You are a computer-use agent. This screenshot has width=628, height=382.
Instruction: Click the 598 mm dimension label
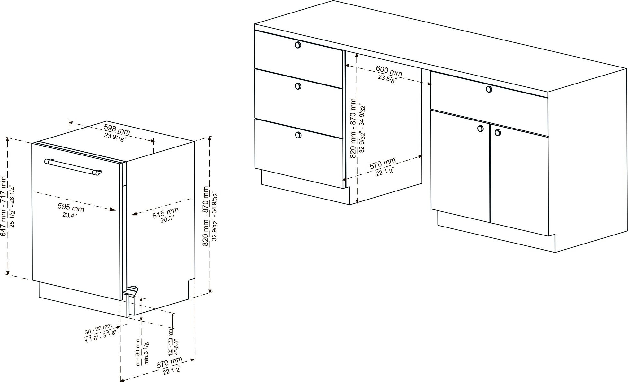[x=117, y=129]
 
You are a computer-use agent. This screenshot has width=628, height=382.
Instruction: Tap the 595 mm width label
[x=71, y=207]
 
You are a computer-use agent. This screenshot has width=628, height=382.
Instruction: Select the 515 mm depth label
[x=165, y=212]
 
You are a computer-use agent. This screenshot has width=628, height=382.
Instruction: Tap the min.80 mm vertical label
[x=139, y=352]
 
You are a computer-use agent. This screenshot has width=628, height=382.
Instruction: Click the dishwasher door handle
[x=73, y=167]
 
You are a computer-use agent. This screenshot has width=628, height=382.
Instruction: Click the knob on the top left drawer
[x=298, y=45]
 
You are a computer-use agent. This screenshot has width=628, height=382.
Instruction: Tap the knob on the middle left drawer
[x=298, y=86]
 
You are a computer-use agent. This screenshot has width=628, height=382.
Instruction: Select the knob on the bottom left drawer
[x=298, y=135]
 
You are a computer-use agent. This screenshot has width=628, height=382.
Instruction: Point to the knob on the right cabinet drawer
[x=489, y=89]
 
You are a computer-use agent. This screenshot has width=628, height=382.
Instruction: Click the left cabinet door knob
[x=480, y=129]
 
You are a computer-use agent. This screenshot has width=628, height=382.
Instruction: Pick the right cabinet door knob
[x=498, y=132]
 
